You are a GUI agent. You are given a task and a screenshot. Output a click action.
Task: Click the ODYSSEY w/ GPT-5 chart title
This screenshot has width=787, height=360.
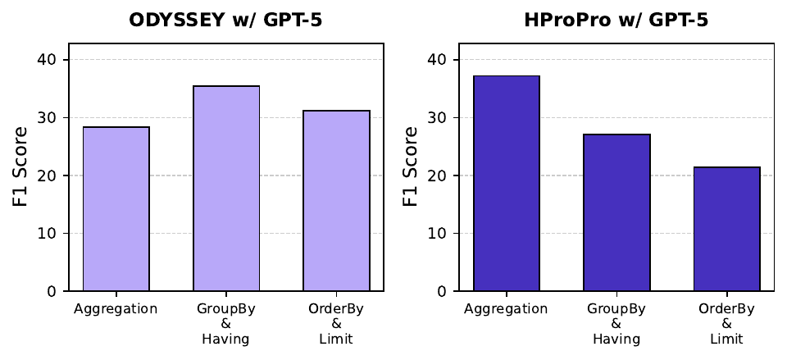(225, 21)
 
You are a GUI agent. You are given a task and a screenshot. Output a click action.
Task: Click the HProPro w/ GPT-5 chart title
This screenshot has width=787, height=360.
(616, 21)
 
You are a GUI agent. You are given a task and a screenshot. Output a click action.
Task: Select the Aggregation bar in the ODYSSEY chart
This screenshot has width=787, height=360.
(116, 209)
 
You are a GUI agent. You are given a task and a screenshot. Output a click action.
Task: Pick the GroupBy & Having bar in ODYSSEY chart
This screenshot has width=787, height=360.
(226, 189)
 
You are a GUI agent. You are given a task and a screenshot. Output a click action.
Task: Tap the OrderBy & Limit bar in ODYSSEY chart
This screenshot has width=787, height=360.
(336, 201)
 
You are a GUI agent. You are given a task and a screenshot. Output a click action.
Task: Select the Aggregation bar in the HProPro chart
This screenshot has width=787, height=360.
(506, 184)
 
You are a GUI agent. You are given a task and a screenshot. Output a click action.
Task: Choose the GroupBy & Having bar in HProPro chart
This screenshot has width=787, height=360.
(616, 212)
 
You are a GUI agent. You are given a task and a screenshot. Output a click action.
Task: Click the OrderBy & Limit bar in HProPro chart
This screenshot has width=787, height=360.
(726, 229)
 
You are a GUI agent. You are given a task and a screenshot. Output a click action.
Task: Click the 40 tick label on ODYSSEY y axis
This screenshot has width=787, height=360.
(51, 60)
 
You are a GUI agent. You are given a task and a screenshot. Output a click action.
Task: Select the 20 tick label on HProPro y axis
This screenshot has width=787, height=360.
(441, 175)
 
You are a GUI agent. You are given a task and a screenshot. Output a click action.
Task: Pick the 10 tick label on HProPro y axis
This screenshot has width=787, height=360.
(441, 234)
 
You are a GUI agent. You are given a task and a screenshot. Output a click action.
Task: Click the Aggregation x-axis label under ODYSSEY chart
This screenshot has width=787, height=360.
(116, 309)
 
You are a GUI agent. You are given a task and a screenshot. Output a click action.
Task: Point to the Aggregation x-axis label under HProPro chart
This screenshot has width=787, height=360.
(506, 309)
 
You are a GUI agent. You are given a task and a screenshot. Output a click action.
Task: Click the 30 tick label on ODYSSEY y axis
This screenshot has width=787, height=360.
(51, 118)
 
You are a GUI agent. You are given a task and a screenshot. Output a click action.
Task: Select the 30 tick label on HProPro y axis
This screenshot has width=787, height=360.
(441, 118)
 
